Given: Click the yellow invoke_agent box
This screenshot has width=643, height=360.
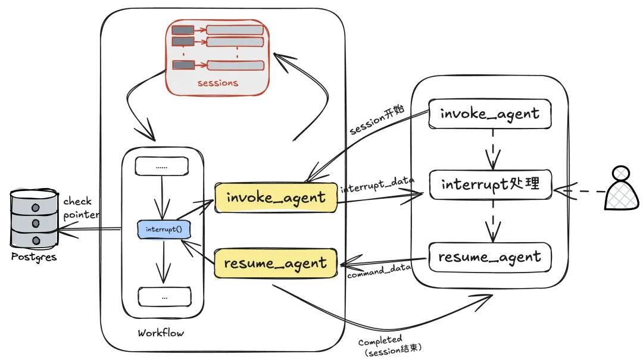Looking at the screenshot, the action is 276,198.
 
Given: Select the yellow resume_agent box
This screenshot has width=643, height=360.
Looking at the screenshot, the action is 276,263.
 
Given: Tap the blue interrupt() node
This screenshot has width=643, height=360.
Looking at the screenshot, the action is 164,229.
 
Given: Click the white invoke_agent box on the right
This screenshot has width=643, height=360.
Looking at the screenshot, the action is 489,114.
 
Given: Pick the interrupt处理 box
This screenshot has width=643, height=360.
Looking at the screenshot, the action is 491,184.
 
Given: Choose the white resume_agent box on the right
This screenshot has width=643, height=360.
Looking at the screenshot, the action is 489,257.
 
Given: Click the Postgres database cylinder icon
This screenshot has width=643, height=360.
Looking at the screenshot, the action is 34,218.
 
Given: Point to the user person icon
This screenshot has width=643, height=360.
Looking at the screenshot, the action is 622,188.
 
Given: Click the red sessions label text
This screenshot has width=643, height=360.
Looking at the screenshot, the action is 218,83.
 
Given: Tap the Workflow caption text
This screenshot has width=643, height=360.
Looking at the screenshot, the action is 161,333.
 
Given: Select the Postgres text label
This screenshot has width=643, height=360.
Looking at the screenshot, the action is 33,257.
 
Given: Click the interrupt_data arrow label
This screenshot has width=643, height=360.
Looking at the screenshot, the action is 377,184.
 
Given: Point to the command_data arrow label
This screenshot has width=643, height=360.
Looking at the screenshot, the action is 379,271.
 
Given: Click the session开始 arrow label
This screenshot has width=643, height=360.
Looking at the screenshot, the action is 377,120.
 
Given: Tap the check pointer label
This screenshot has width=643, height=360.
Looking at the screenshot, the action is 81,208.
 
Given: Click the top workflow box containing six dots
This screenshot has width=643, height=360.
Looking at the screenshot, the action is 161,167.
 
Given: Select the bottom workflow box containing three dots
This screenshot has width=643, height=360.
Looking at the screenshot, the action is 164,297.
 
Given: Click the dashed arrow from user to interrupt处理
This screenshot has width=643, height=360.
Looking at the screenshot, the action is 579,191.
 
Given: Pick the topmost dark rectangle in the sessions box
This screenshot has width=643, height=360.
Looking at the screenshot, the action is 183,30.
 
